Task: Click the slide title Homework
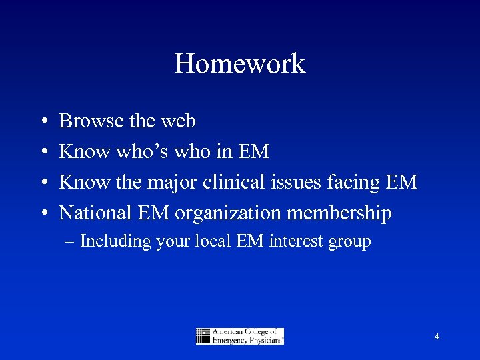point(240,64)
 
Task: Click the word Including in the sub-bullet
point(115,241)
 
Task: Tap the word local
point(213,241)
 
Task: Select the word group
point(349,241)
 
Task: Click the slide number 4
point(437,337)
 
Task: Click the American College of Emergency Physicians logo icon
point(203,336)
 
